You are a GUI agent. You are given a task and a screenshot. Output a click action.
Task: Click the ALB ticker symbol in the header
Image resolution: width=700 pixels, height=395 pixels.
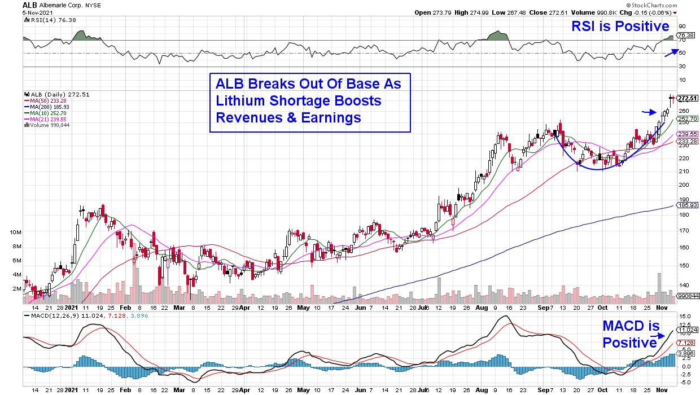[x=30, y=5]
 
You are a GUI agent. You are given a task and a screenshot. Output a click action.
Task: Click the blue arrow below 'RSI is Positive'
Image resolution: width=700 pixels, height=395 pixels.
[x=671, y=52]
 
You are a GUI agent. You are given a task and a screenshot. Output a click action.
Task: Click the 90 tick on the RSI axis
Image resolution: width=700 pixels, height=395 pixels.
[x=682, y=27]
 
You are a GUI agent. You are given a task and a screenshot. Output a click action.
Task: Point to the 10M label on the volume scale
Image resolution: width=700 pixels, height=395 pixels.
[x=15, y=232]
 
